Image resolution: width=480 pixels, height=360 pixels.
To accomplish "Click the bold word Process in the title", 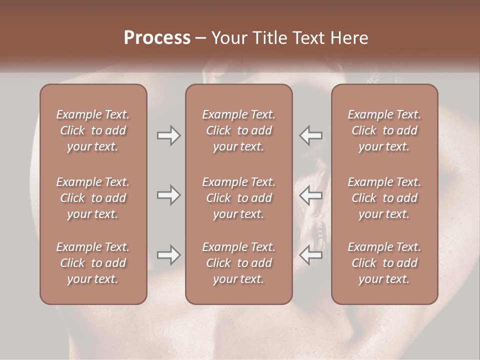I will (157, 38).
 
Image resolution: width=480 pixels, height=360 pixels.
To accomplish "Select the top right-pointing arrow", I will (168, 135).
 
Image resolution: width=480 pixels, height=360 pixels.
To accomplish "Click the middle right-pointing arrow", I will (168, 195).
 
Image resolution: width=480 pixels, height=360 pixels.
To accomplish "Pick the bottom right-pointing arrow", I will (168, 255).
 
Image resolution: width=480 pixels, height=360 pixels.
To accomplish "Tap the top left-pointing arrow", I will (311, 135).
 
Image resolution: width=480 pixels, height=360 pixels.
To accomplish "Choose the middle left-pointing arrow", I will (311, 195).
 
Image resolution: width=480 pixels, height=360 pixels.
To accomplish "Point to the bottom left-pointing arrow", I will (311, 255).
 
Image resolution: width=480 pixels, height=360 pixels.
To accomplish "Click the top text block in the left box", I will (93, 130).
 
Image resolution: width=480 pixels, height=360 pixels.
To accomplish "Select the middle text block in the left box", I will (93, 198).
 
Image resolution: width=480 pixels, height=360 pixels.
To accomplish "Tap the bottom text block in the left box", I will (93, 263).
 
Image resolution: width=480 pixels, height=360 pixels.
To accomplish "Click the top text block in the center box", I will (238, 130).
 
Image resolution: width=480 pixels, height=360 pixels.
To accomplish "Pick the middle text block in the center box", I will (238, 198).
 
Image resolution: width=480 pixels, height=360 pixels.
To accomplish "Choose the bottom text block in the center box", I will (238, 263).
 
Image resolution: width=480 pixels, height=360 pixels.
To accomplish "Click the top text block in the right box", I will (384, 130).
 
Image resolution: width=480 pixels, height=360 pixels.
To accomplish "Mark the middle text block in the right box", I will (384, 198).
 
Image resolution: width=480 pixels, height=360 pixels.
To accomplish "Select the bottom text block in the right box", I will (384, 263).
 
